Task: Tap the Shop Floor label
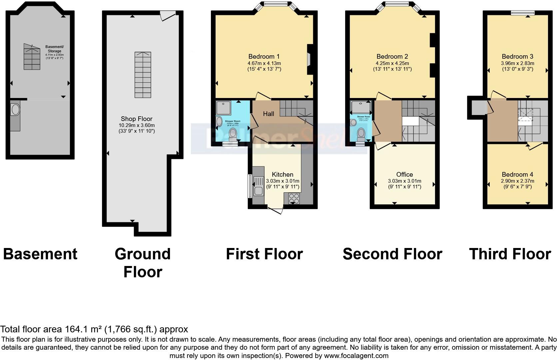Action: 137,119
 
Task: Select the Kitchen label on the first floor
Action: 282,174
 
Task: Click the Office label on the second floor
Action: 404,174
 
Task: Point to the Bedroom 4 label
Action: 517,174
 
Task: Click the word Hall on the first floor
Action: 269,114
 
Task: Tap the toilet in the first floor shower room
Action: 234,134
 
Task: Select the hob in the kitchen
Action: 294,198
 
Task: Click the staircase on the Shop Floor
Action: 143,75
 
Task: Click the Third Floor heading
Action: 510,254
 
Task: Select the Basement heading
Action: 40,254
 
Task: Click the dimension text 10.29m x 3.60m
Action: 137,125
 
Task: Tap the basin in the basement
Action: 15,110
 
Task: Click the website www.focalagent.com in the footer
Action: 356,356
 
